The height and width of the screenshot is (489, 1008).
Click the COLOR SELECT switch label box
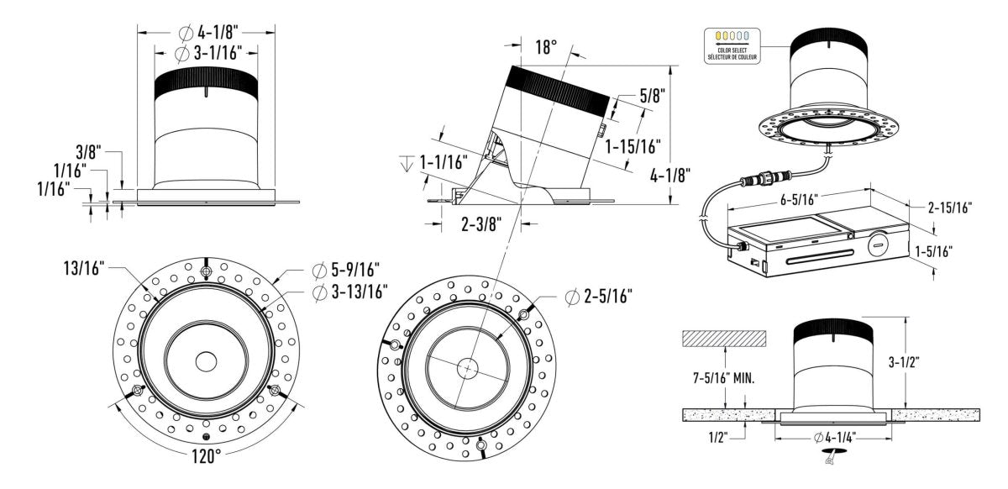(732, 44)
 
